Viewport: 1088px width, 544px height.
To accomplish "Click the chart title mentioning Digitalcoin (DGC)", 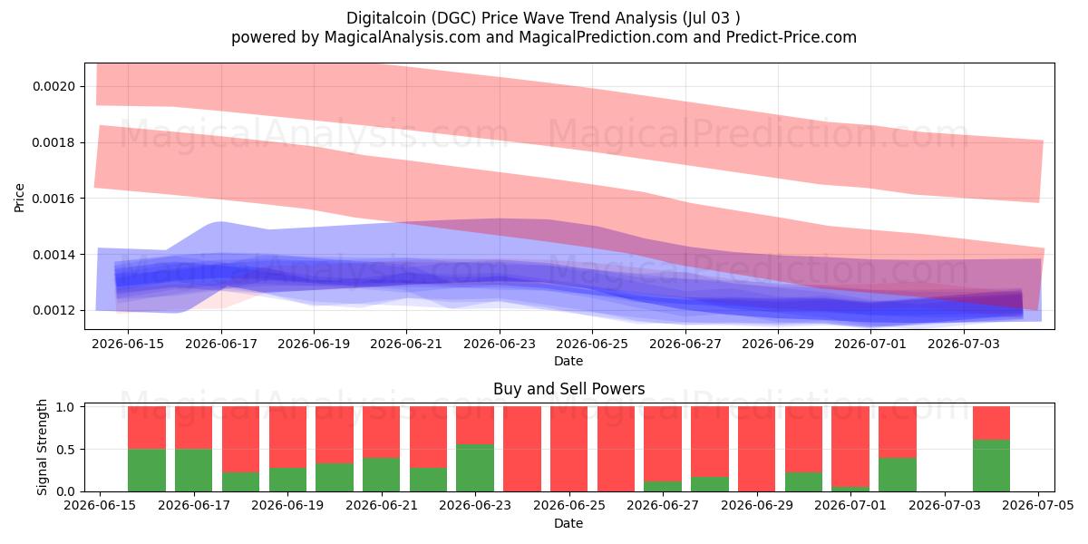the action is click(x=543, y=18).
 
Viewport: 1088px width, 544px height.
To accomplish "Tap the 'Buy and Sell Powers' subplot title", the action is click(x=568, y=389).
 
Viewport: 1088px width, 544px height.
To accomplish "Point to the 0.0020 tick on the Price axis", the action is click(x=53, y=86).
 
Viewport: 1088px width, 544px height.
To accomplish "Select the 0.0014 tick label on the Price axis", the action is click(x=53, y=255).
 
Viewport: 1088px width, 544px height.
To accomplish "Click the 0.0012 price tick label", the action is click(x=53, y=310).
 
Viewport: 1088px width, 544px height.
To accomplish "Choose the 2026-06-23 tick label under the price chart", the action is click(x=500, y=344).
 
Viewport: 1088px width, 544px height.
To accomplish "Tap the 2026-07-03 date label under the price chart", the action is click(x=964, y=344).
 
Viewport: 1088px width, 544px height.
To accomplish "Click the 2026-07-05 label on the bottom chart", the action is click(x=1038, y=505).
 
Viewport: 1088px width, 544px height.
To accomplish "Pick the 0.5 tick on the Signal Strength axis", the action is click(x=65, y=450).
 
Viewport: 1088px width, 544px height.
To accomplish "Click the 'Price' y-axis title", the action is click(x=19, y=198).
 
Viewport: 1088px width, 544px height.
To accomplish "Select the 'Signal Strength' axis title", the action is click(x=42, y=447).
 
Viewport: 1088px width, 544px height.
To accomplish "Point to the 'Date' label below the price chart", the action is click(x=568, y=361).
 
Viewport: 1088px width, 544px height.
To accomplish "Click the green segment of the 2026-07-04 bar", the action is click(x=991, y=465).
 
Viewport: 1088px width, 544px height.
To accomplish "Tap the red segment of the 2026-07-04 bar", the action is click(x=991, y=423).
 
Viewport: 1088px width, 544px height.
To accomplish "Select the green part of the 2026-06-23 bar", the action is click(x=475, y=468).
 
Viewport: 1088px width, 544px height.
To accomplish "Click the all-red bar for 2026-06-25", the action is click(x=568, y=449).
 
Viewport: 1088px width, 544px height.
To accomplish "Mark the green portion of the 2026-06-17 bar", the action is click(x=194, y=471).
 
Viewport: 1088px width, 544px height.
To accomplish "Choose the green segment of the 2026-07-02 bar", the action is click(x=898, y=474).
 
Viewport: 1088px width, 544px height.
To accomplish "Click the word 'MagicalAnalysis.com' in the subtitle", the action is click(x=403, y=37).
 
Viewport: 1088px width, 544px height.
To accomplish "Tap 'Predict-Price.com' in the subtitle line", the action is click(x=792, y=37).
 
